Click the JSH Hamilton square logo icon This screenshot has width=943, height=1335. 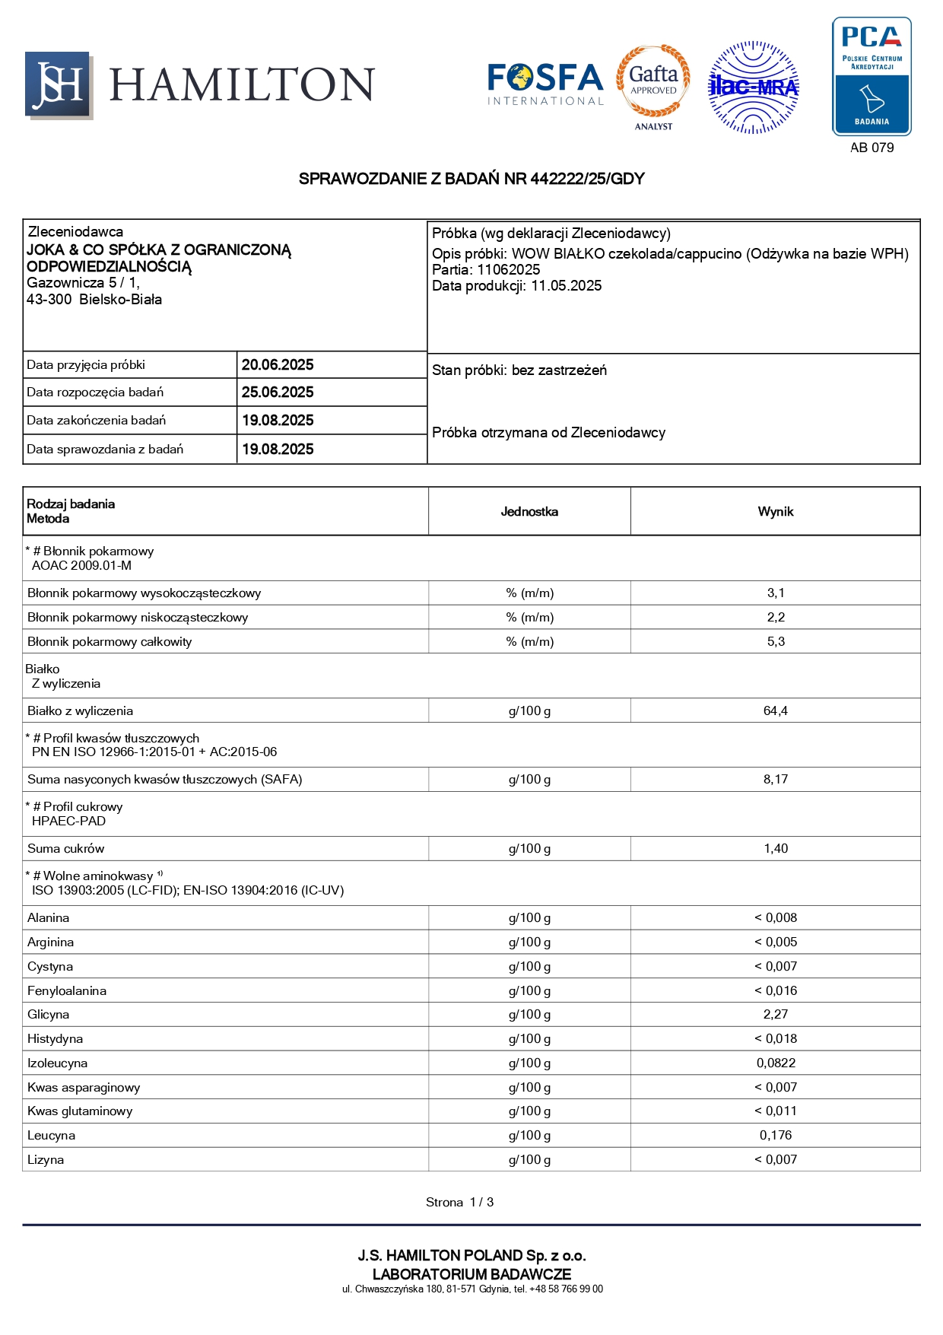(59, 85)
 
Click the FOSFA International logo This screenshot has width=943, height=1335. (545, 84)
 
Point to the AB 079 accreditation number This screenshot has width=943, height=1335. (872, 148)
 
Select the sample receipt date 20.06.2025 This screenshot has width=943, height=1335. (278, 365)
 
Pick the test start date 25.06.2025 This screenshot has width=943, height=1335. (278, 393)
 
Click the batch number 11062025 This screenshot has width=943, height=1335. (509, 270)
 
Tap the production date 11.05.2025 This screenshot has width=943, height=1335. (567, 286)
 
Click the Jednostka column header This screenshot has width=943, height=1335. (529, 512)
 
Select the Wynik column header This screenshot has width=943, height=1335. (775, 512)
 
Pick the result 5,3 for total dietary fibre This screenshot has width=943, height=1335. (776, 642)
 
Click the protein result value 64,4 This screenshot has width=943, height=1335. (776, 711)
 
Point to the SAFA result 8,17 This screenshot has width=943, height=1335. (776, 780)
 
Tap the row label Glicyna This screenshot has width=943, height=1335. (49, 1015)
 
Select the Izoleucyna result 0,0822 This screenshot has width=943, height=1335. (776, 1063)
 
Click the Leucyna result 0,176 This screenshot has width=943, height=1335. (776, 1136)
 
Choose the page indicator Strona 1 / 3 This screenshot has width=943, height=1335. (459, 1203)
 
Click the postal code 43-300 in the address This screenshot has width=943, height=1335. (49, 300)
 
